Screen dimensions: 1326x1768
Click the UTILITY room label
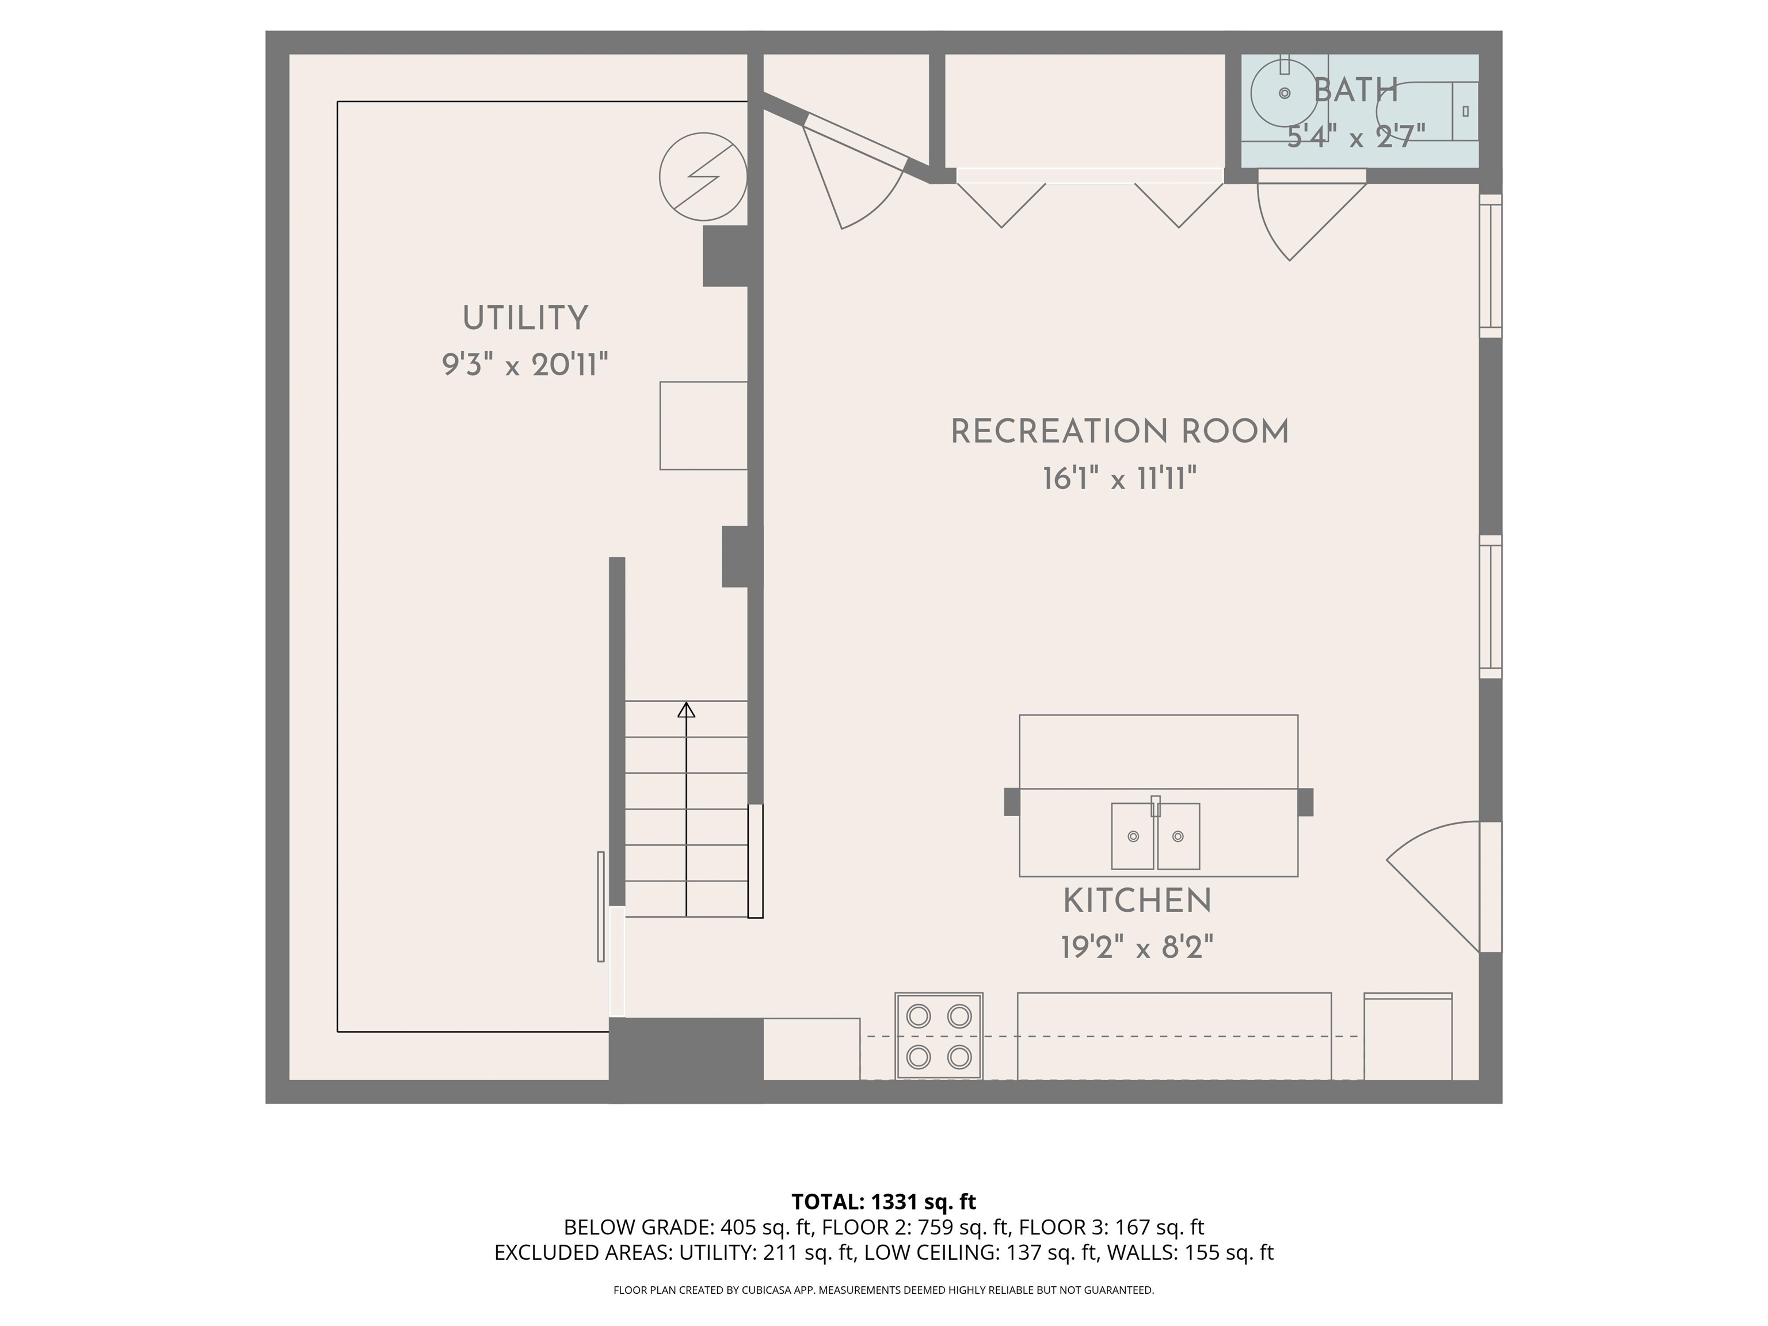[x=525, y=318]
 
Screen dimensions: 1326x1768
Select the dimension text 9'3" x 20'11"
[x=525, y=365]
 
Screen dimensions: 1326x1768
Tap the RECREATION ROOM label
[x=1119, y=432]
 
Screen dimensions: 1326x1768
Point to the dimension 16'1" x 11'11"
[x=1119, y=479]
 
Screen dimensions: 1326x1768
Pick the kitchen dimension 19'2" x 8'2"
[x=1137, y=948]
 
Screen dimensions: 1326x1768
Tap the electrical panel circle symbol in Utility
[x=703, y=177]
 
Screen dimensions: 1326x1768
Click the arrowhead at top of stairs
[x=686, y=710]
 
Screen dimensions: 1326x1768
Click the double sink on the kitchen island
[x=1155, y=836]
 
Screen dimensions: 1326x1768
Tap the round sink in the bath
[x=1283, y=93]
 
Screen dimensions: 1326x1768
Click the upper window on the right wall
[x=1490, y=265]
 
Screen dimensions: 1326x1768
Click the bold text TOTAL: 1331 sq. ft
[x=883, y=1201]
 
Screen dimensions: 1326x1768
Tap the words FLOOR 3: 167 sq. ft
[x=1111, y=1227]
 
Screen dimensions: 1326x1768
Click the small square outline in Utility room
[x=703, y=425]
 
